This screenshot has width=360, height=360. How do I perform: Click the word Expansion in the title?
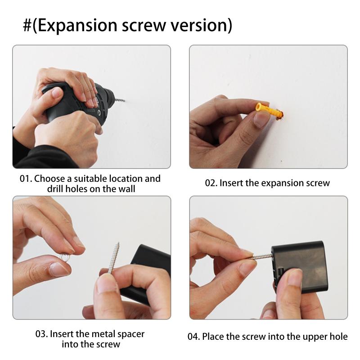tap(77, 26)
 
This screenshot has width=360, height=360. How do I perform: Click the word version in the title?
tap(198, 25)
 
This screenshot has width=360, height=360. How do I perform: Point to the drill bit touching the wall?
tap(119, 100)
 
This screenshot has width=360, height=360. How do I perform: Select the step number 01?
tap(26, 179)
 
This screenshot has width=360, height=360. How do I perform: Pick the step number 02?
tap(211, 183)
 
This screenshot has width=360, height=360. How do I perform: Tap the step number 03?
tap(41, 334)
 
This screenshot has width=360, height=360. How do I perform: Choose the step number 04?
tap(194, 337)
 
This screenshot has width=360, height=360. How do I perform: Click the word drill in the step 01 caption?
tap(55, 189)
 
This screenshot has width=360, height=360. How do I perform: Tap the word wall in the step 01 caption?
tap(127, 189)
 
